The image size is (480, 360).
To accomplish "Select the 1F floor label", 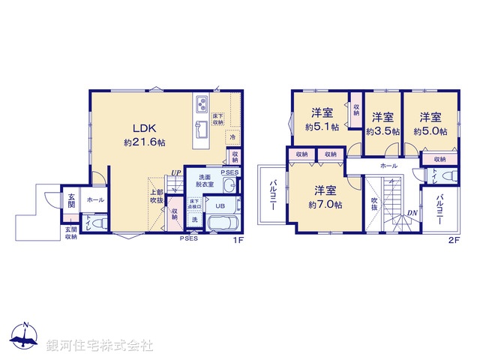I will (x=238, y=240).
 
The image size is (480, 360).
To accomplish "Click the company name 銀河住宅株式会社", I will (x=100, y=346).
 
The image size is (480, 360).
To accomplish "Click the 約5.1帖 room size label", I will (x=322, y=127).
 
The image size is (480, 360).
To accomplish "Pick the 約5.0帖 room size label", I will (x=430, y=130).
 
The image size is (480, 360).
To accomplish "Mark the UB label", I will (x=220, y=205).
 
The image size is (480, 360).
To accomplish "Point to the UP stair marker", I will (x=175, y=173).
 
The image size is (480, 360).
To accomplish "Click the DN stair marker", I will (x=412, y=213).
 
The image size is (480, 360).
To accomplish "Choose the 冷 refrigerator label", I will (x=234, y=139).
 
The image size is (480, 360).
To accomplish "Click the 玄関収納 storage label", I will (x=70, y=232).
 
